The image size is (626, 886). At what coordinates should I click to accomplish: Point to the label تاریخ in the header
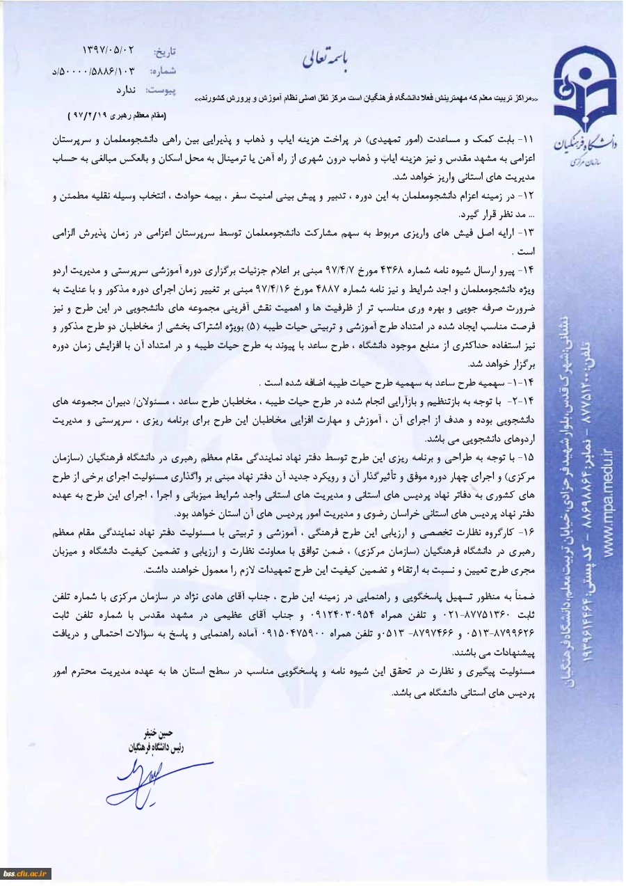[x=165, y=52]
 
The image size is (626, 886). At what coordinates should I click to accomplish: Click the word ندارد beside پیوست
[x=129, y=90]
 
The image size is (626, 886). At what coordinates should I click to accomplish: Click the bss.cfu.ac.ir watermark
[x=25, y=873]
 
